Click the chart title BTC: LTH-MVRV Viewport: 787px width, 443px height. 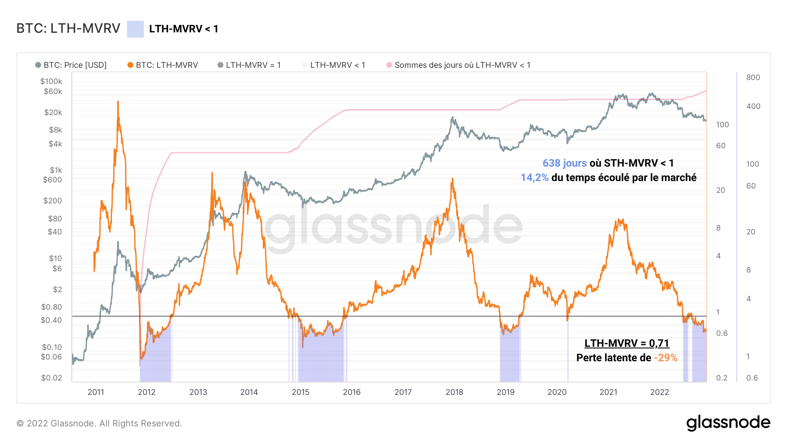coord(68,28)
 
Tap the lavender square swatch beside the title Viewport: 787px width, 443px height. coord(135,29)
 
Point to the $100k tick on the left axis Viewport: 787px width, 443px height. coord(51,81)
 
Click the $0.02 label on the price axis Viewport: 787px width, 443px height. coord(52,378)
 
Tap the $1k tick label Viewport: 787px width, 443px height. coord(56,170)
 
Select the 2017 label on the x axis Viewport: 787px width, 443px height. coord(403,392)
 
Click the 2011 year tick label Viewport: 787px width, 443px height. coord(96,392)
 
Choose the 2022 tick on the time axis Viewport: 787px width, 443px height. coord(659,392)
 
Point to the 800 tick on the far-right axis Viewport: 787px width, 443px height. coord(753,77)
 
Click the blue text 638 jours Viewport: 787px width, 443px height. coord(564,163)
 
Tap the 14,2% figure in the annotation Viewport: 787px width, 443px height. coord(534,178)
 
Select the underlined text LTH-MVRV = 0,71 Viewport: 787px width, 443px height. coord(627,343)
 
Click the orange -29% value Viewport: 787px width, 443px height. coord(665,358)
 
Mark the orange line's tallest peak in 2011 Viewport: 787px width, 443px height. coord(118,102)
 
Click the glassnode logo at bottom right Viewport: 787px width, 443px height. coord(728,423)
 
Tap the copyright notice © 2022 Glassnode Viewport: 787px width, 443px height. coord(99,423)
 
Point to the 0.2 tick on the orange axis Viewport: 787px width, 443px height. coord(721,378)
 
